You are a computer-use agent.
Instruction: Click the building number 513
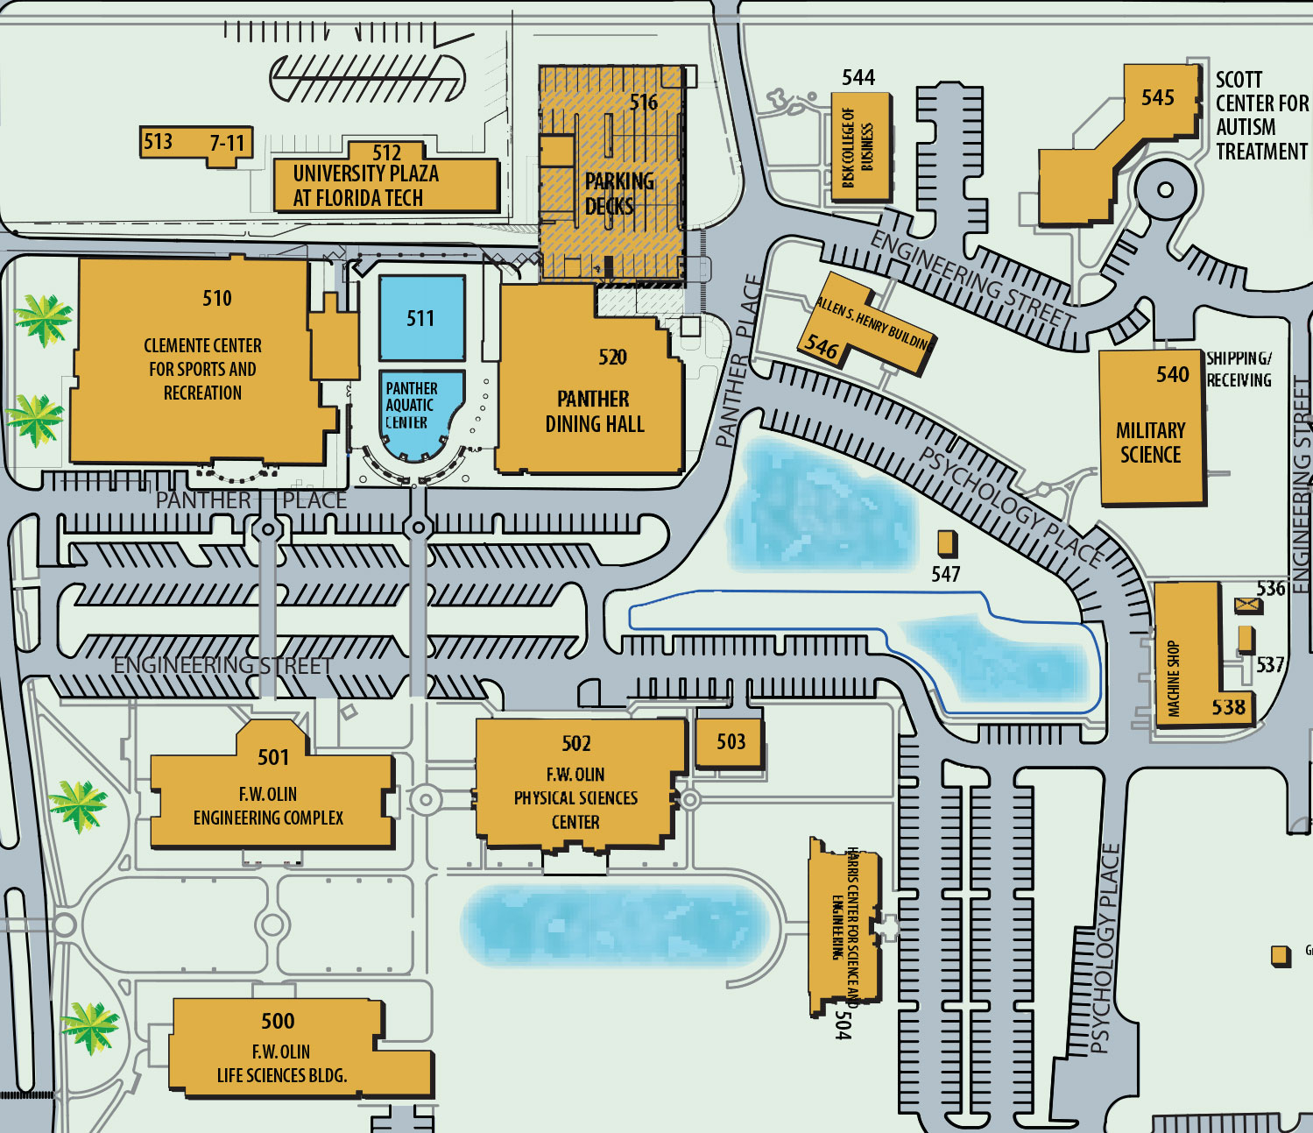[158, 141]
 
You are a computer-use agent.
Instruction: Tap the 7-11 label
[228, 142]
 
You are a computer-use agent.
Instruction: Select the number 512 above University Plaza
[386, 152]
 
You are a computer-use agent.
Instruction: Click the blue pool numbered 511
[420, 318]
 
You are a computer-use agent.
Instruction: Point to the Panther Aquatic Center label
[410, 405]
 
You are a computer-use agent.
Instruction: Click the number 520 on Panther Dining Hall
[612, 357]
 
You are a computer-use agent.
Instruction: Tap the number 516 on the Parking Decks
[643, 103]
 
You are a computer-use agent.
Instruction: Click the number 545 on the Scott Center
[1157, 97]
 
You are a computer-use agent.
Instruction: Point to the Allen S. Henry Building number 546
[822, 347]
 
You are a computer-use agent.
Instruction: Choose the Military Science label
[1150, 443]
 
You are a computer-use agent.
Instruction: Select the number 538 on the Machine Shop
[1228, 706]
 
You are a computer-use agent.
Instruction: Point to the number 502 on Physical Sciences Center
[576, 743]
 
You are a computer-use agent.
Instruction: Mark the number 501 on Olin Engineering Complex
[272, 757]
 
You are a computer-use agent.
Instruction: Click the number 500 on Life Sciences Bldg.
[278, 1021]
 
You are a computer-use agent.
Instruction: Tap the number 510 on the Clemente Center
[217, 298]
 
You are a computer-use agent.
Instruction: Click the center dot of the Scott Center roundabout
[1165, 189]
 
